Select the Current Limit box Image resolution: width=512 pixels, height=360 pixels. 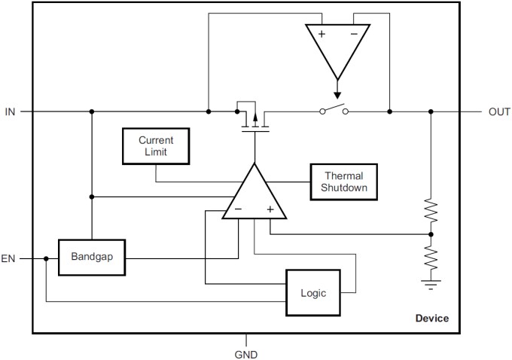click(156, 146)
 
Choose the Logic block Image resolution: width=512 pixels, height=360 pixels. click(312, 293)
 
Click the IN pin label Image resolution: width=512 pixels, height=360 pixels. click(10, 111)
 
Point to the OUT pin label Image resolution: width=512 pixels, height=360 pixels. click(499, 111)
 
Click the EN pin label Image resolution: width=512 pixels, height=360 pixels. click(9, 258)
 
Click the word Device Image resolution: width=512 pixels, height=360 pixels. click(432, 319)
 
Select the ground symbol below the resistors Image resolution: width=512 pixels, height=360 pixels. click(431, 285)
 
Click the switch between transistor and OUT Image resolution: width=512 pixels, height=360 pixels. click(334, 110)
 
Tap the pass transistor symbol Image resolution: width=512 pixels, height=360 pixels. click(254, 117)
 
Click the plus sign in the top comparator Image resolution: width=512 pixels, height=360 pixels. click(322, 34)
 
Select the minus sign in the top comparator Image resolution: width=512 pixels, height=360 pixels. click(354, 34)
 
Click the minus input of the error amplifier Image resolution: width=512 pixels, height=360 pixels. click(237, 209)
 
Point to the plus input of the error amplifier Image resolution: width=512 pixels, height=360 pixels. click(270, 209)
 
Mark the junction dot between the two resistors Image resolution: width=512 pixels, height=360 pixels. click(431, 234)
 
